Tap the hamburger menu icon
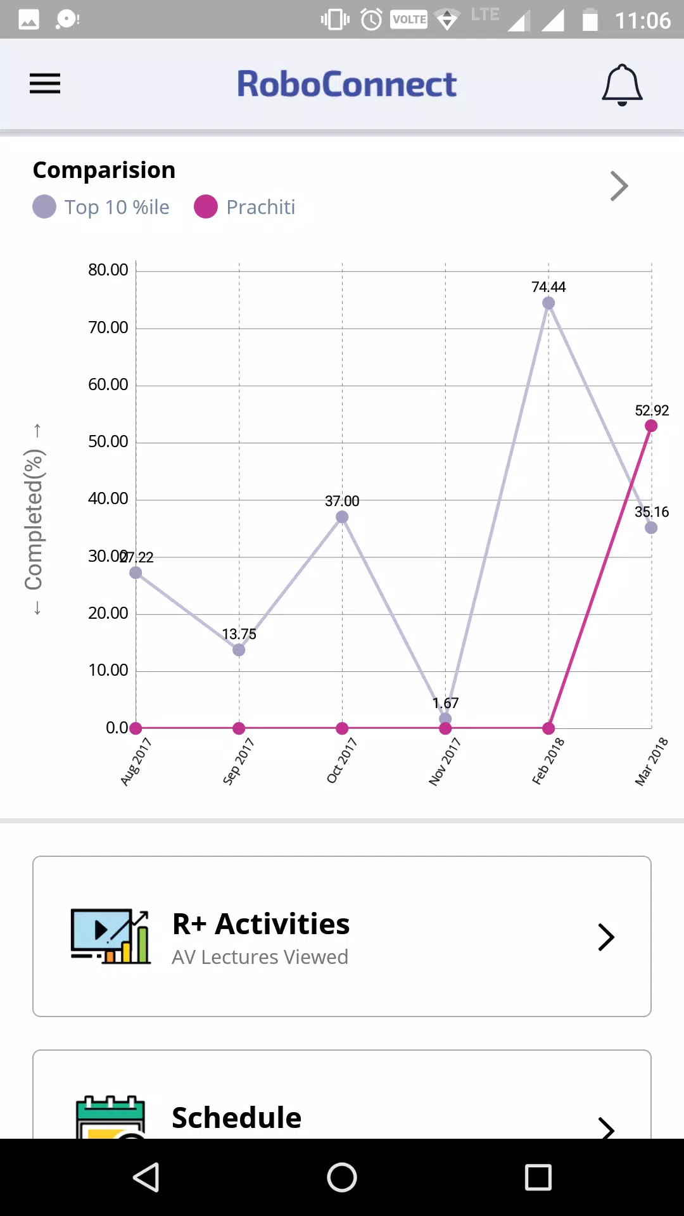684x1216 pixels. click(45, 84)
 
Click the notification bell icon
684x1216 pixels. click(622, 85)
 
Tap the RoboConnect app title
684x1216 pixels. click(346, 84)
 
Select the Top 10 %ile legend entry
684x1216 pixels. click(101, 207)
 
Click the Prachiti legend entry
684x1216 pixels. click(244, 207)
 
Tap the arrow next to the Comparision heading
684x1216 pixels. click(619, 186)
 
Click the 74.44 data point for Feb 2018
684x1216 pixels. click(548, 303)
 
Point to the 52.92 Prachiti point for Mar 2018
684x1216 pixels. click(651, 426)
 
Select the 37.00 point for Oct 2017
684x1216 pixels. click(342, 517)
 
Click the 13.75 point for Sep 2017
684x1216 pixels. click(239, 650)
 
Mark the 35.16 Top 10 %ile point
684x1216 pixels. click(651, 528)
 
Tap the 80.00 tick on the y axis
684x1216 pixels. click(108, 270)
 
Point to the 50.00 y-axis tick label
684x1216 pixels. click(108, 441)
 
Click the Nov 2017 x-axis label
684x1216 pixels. click(445, 761)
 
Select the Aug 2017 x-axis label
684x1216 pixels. click(136, 761)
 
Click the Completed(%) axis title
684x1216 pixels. click(34, 519)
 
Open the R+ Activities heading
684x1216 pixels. click(261, 924)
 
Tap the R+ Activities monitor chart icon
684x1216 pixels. click(111, 937)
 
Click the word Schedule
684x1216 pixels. click(237, 1118)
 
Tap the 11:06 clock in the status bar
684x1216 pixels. click(642, 20)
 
